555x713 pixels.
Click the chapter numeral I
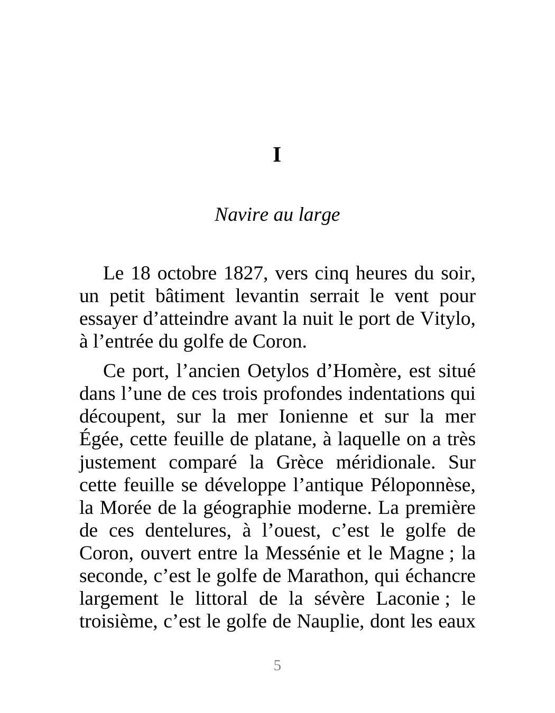pyautogui.click(x=276, y=155)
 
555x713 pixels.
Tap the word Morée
pyautogui.click(x=122, y=508)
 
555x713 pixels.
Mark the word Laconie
pyautogui.click(x=407, y=598)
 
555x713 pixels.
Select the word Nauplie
pyautogui.click(x=326, y=621)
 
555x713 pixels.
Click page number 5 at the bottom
pyautogui.click(x=277, y=665)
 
